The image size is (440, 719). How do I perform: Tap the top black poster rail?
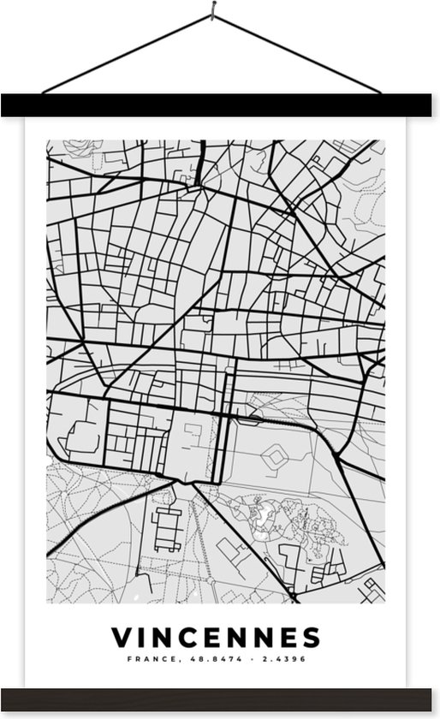tap(220, 105)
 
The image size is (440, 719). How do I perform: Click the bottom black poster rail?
tap(220, 698)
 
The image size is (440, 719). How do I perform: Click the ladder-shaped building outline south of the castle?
tap(167, 528)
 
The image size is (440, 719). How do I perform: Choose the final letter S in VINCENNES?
tap(311, 637)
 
